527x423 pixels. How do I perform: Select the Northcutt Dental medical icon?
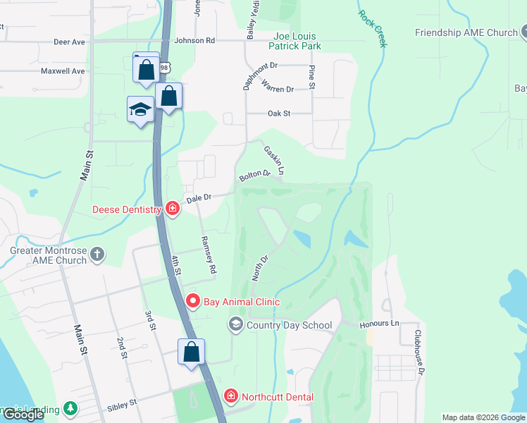[x=230, y=396]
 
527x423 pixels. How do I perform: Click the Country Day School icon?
[x=235, y=324]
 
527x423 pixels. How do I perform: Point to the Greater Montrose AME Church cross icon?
[x=97, y=253]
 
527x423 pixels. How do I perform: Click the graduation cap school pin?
[x=141, y=109]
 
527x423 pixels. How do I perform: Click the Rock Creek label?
[x=372, y=28]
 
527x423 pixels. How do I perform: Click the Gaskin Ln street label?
[x=274, y=160]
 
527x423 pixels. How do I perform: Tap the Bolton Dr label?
[x=254, y=174]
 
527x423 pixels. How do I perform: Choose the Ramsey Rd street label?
[x=209, y=254]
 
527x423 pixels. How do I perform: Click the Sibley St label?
[x=122, y=407]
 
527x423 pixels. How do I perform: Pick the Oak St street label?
[x=279, y=113]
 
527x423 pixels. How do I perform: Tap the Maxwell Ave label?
[x=62, y=71]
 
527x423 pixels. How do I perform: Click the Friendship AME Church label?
[x=466, y=32]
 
